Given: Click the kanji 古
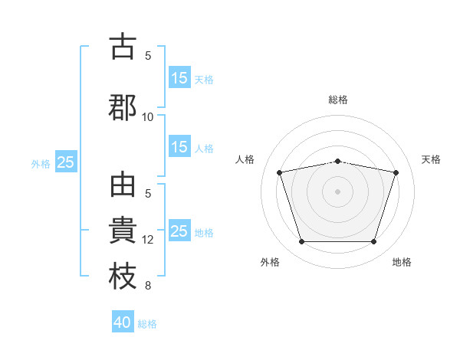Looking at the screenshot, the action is pos(123,46).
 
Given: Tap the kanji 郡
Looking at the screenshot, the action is pos(123,107).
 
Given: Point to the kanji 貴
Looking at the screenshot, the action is pos(123,230).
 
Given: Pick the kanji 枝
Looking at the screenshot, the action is pos(123,276).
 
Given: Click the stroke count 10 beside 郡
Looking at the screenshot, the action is pos(147,117).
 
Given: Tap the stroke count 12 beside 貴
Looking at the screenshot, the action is pos(147,240).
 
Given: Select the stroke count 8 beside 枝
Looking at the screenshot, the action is pos(148,286).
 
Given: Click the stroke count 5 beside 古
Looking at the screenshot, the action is pos(148,56).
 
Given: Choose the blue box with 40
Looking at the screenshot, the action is pos(123,321).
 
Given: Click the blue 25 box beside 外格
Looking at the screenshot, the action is pos(66,162).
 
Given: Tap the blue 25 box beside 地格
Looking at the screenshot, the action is pos(180,230).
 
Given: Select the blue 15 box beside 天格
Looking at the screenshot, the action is pos(180,77).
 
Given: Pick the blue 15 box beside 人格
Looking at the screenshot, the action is pos(180,146).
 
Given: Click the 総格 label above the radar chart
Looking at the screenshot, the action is pos(338,100).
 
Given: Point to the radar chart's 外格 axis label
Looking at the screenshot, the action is pos(270,262).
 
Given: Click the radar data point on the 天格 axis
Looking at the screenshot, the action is pos(396,172).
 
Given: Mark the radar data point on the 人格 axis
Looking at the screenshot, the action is pos(280,172).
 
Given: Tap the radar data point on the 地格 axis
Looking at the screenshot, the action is pos(374,241).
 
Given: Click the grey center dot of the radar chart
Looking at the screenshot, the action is pos(337,191).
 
